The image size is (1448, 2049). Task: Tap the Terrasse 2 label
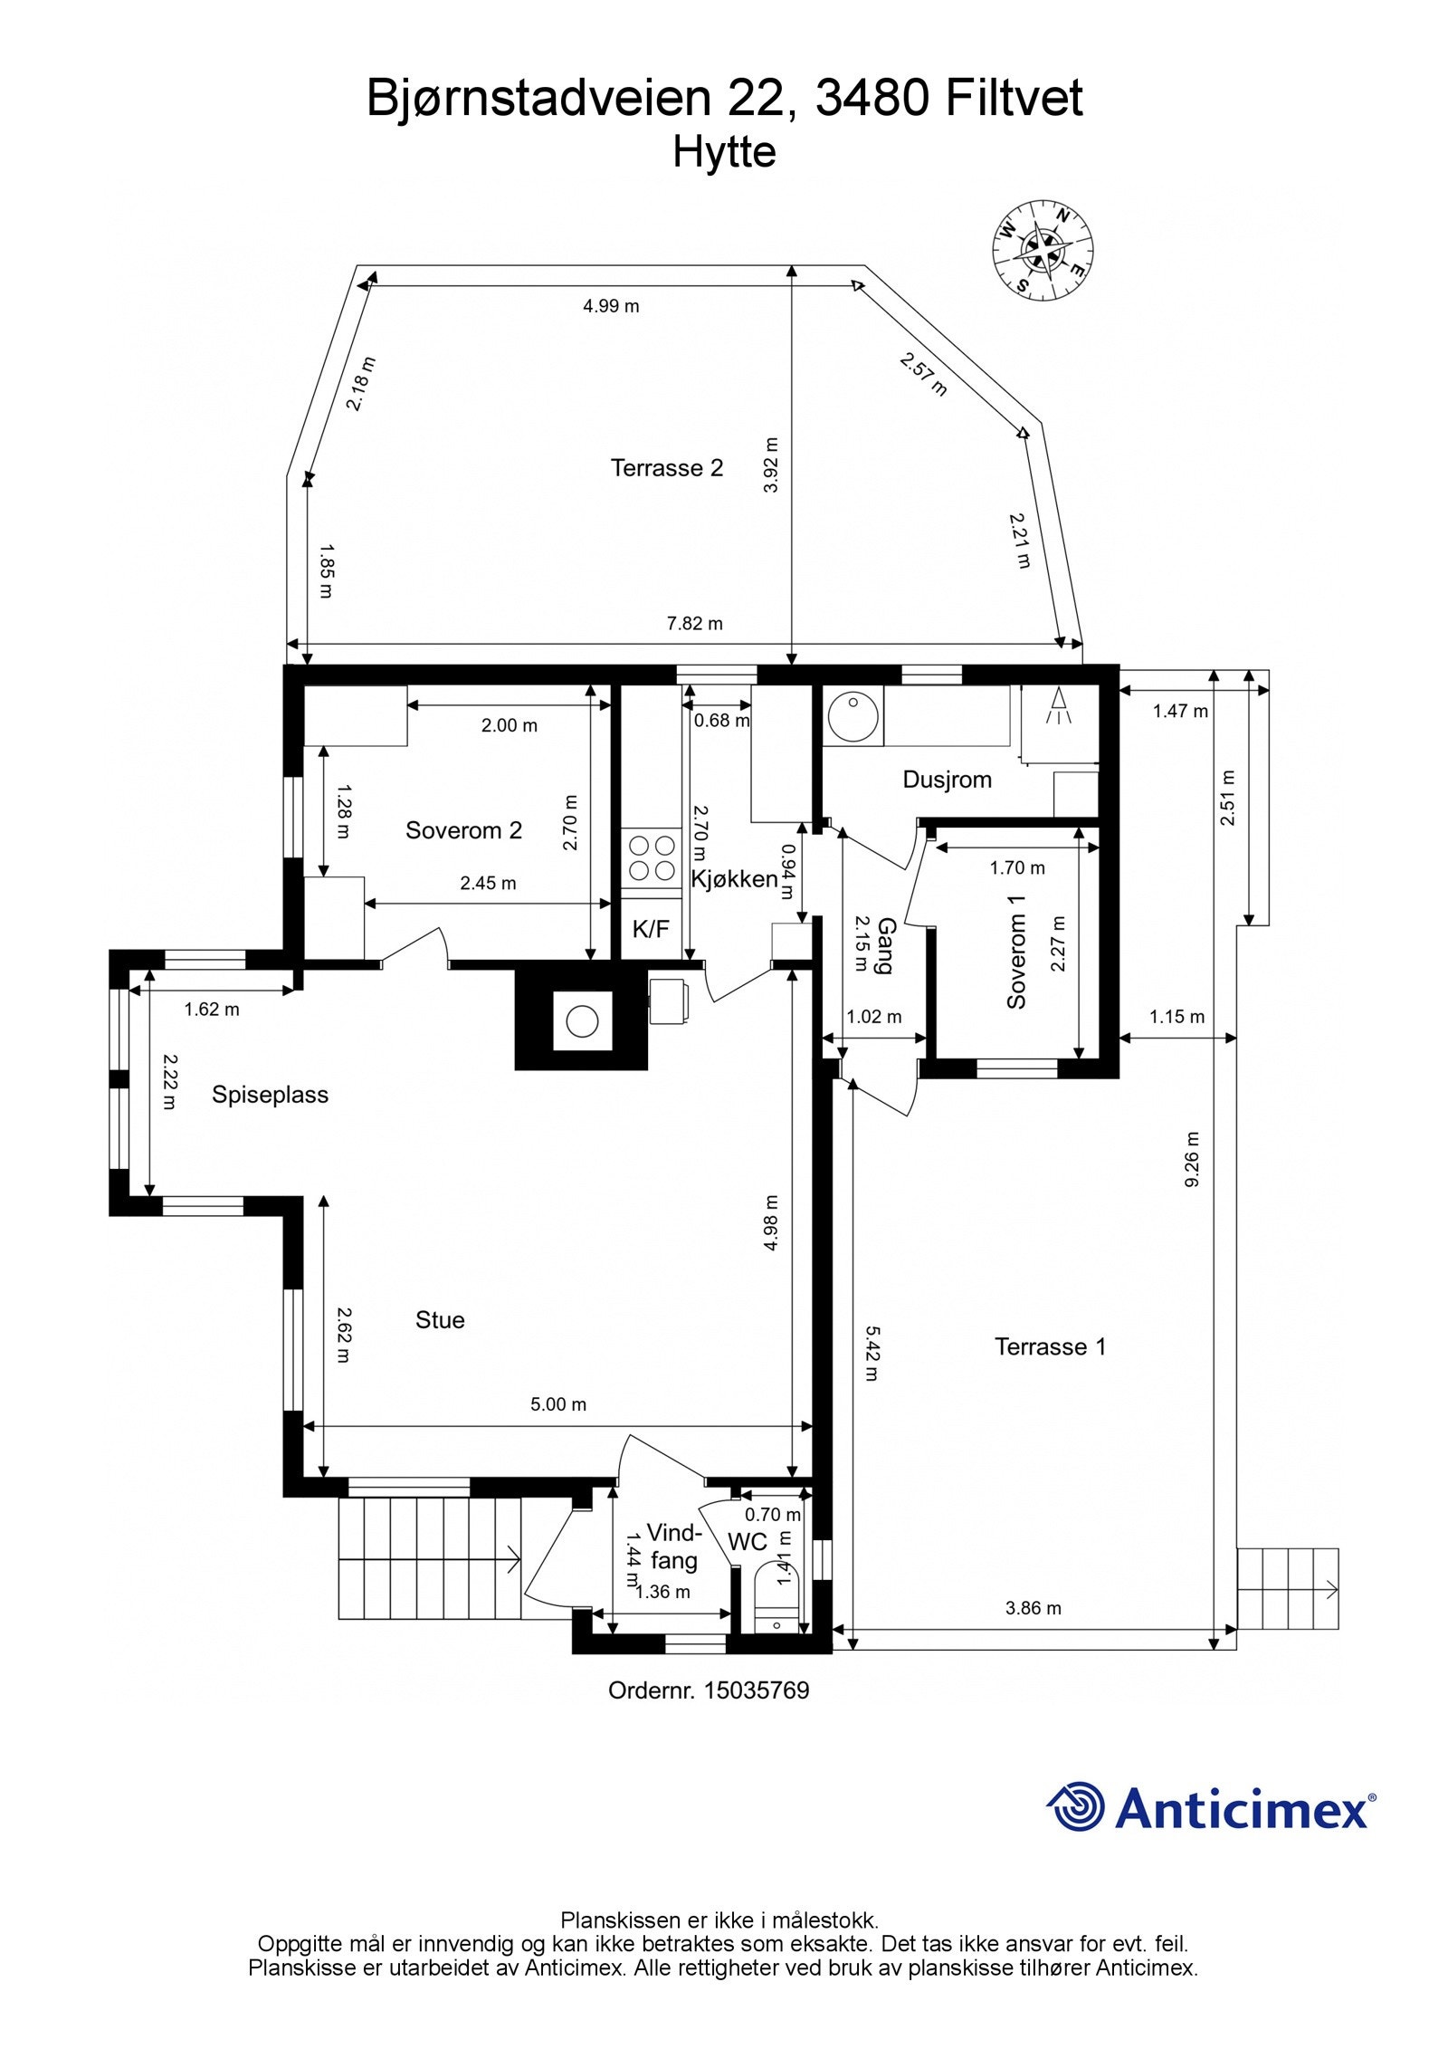pyautogui.click(x=667, y=468)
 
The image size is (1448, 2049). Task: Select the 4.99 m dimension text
pyautogui.click(x=611, y=306)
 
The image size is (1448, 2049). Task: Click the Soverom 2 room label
pyautogui.click(x=463, y=830)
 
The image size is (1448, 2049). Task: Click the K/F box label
pyautogui.click(x=651, y=927)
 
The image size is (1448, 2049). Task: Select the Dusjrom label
pyautogui.click(x=947, y=780)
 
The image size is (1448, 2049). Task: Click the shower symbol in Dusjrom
pyautogui.click(x=1058, y=706)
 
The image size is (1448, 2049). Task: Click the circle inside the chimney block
pyautogui.click(x=582, y=1021)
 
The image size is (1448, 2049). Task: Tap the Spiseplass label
pyautogui.click(x=270, y=1095)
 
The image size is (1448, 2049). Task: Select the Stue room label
pyautogui.click(x=440, y=1320)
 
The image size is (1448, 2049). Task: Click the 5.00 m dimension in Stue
pyautogui.click(x=558, y=1404)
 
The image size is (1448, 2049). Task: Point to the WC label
pyautogui.click(x=748, y=1542)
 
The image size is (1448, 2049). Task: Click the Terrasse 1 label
pyautogui.click(x=1050, y=1346)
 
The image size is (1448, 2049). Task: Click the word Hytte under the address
pyautogui.click(x=724, y=152)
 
